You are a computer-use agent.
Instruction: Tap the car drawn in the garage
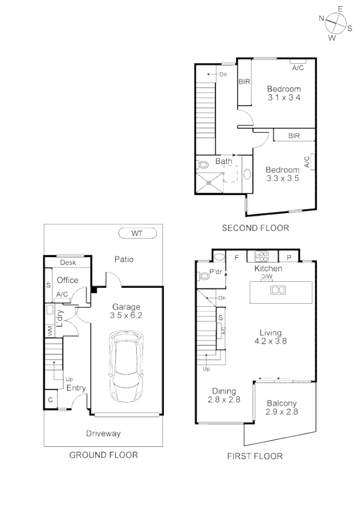point(126,366)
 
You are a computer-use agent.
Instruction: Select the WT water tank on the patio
point(136,233)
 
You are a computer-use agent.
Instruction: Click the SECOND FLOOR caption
point(255,228)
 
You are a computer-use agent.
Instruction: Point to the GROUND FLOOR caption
point(103,455)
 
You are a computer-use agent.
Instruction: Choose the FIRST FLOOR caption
point(255,457)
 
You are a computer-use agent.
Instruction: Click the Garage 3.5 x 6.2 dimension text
point(126,315)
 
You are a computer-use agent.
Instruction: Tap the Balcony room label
point(282,403)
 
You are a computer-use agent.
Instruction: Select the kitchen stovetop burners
point(262,256)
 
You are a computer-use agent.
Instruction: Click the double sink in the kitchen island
point(278,290)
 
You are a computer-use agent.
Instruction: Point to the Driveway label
point(103,434)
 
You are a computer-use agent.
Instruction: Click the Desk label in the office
point(68,262)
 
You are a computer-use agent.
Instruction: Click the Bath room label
point(224,162)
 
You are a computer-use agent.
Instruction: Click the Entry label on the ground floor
point(76,388)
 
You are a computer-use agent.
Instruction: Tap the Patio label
point(124,259)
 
